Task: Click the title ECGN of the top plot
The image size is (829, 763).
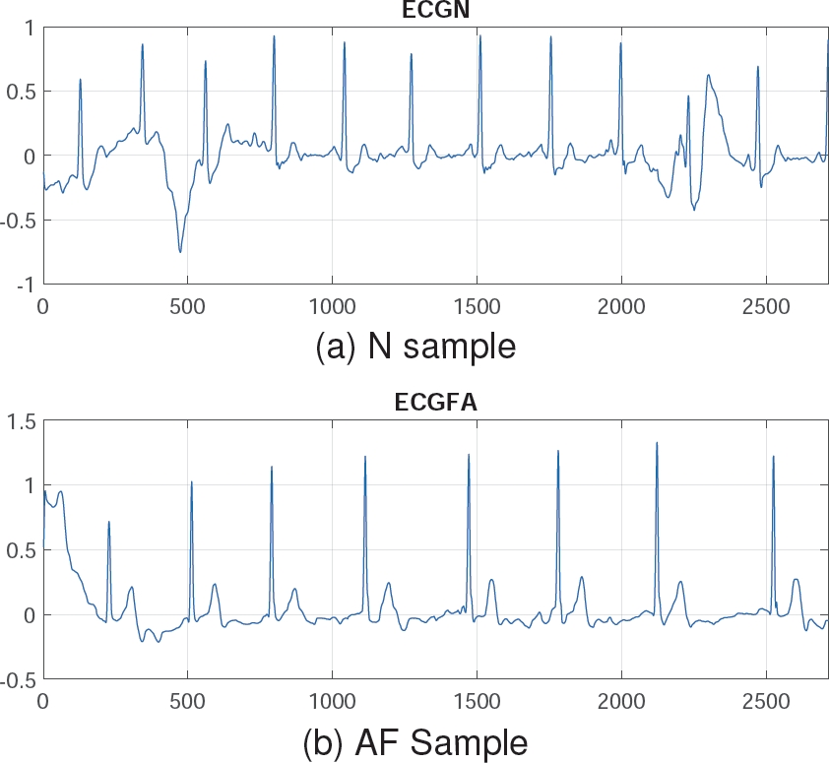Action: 435,11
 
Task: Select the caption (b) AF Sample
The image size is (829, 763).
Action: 414,739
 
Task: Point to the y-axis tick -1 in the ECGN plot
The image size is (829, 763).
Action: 24,284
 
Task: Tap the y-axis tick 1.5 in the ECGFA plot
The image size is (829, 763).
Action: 22,420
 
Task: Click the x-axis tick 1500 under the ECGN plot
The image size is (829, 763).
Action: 477,307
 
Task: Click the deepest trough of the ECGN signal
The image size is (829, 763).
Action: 180,252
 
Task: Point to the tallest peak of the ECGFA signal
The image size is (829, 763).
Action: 657,442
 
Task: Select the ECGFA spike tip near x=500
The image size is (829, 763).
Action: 191,481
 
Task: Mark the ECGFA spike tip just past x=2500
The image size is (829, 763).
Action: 774,456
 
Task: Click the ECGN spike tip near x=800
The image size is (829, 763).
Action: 274,35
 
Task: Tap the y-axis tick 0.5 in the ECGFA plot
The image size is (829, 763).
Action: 22,550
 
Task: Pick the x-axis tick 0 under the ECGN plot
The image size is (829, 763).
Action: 42,307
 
